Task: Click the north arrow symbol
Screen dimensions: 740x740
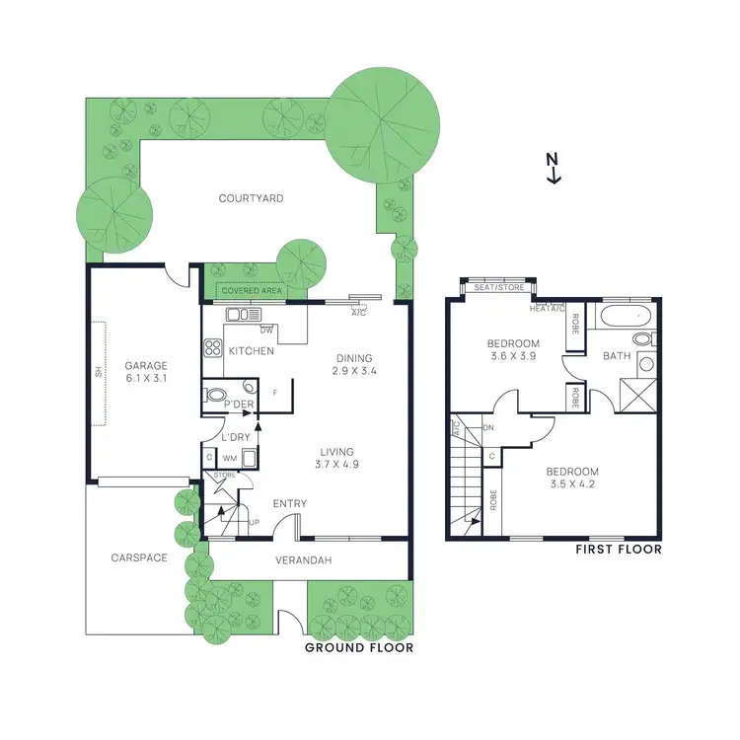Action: (554, 168)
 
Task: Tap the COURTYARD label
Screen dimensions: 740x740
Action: (251, 198)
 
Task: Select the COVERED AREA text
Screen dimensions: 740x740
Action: (251, 291)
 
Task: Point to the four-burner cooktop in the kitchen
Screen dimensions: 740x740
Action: (212, 347)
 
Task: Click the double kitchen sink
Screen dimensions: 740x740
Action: (242, 315)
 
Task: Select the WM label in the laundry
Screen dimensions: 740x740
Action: (229, 458)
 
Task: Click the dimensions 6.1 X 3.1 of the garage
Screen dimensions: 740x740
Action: (146, 378)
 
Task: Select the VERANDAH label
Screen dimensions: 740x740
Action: (303, 560)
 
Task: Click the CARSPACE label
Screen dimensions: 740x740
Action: (138, 557)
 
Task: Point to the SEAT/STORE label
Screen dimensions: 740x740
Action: (498, 288)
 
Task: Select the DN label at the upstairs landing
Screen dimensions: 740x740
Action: (488, 427)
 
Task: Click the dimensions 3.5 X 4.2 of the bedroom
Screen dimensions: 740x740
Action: (574, 484)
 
